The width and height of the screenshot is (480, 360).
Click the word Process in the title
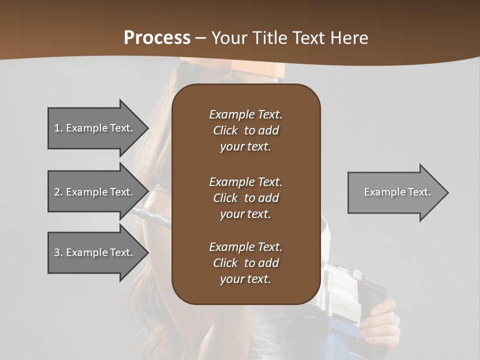pyautogui.click(x=157, y=37)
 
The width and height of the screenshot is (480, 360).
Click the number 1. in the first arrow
pyautogui.click(x=58, y=128)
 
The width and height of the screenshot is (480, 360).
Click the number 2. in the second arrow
pyautogui.click(x=58, y=192)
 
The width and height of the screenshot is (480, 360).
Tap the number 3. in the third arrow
pyautogui.click(x=58, y=252)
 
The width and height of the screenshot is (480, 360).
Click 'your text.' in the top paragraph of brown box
pyautogui.click(x=245, y=147)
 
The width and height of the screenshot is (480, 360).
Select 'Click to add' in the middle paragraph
pyautogui.click(x=245, y=198)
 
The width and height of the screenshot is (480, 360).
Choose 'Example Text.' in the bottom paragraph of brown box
pyautogui.click(x=245, y=247)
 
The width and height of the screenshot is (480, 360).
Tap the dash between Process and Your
pyautogui.click(x=200, y=38)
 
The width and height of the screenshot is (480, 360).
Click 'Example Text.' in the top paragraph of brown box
pyautogui.click(x=245, y=114)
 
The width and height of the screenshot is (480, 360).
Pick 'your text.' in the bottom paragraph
pyautogui.click(x=245, y=279)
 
